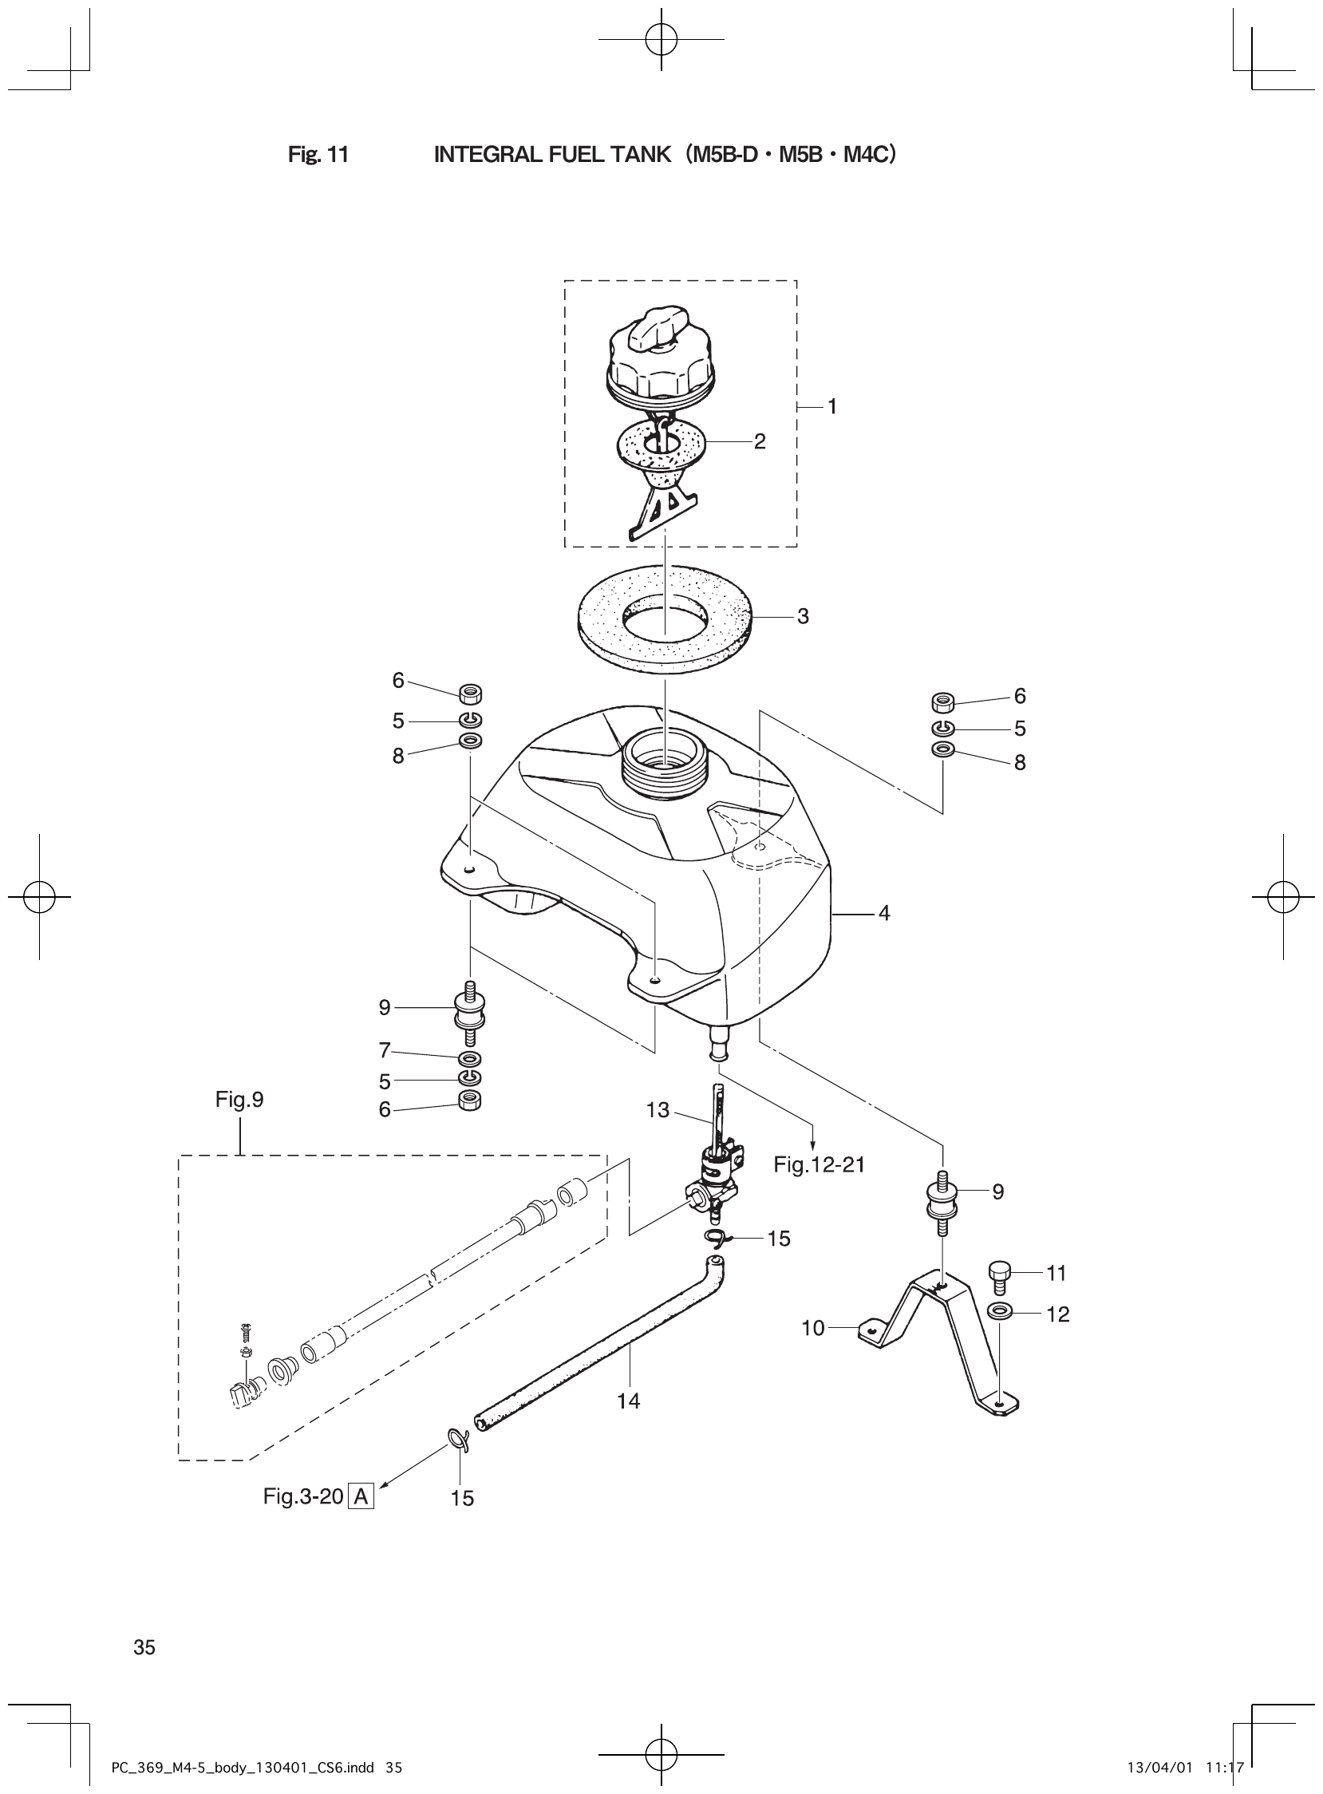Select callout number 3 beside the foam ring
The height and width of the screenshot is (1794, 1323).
point(803,617)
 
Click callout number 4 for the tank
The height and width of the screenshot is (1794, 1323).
point(884,913)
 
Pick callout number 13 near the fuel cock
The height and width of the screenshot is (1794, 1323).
point(658,1111)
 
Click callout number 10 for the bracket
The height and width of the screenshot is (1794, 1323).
point(812,1329)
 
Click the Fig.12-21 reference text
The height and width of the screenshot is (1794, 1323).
point(819,1165)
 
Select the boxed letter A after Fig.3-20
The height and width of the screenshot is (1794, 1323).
point(361,1496)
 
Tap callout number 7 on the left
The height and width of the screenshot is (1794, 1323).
point(385,1049)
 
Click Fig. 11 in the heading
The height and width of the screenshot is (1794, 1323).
point(318,156)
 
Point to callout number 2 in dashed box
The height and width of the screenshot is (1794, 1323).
point(759,441)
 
